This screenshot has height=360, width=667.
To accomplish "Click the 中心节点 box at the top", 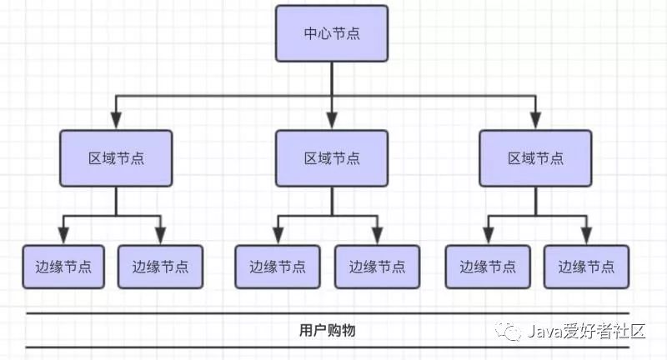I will pos(332,34).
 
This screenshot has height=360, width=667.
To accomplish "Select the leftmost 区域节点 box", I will pos(116,157).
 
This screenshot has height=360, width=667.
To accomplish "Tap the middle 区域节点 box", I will pos(332,157).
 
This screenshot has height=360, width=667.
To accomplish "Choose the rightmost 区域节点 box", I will pos(535,157).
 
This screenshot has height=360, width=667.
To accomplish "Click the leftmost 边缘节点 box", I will pos(63,267).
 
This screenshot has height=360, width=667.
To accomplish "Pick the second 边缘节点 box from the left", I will pos(160,267).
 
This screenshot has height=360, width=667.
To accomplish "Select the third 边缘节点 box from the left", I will pos(277,267).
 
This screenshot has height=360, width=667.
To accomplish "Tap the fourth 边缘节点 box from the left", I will pos(377,267).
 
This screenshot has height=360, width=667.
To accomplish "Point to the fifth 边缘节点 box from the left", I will pos(488,267).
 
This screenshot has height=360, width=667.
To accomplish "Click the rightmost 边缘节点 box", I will pos(586,267).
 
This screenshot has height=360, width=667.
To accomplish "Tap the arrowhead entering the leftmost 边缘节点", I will pos(63,237).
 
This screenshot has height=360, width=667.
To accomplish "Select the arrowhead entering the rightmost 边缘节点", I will pos(586,237).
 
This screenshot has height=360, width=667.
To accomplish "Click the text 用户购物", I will pos(327,330).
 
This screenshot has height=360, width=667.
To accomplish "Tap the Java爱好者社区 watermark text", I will pos(588,332).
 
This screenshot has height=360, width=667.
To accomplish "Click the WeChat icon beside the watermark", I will pos(509,332).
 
